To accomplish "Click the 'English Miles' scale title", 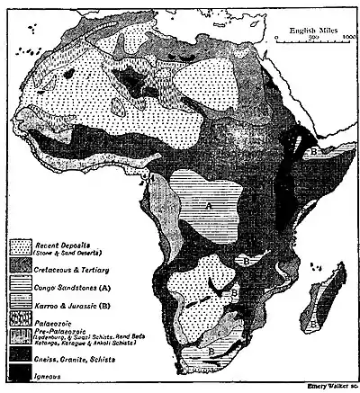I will (x=314, y=30).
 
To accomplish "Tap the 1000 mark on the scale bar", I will (x=350, y=38).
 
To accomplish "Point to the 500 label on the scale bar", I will (x=314, y=38).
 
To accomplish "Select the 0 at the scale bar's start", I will (x=275, y=38).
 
